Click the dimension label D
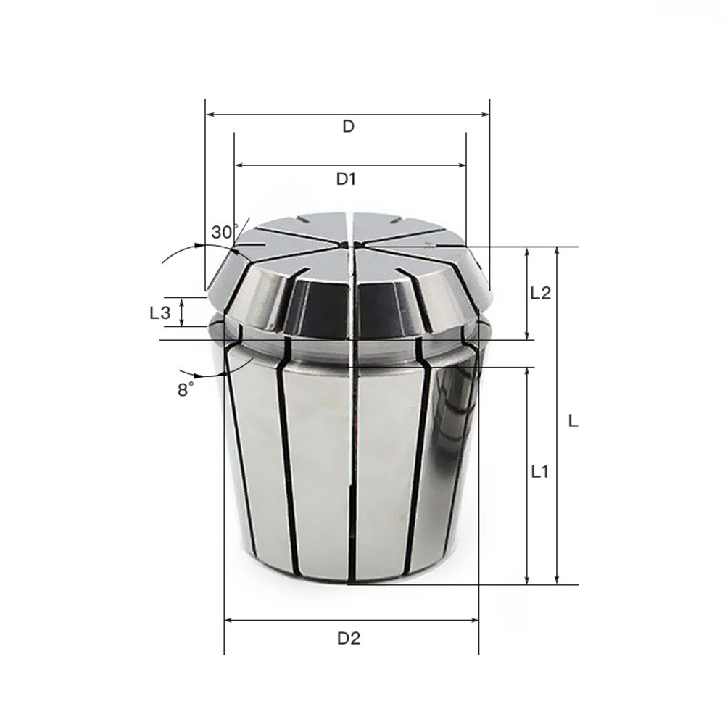348,126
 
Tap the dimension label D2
349,639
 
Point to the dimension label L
573,420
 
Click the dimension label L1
539,472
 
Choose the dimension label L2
540,294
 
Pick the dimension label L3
159,313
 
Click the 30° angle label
224,233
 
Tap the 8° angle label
186,389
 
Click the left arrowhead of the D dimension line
210,114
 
